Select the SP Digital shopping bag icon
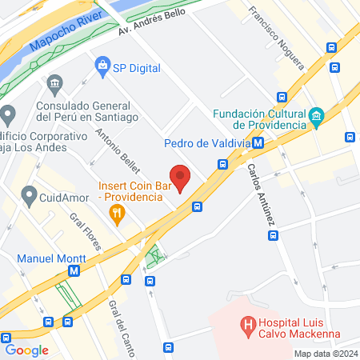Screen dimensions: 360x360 coord(102,63)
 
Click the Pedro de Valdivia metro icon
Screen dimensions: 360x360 coord(258,144)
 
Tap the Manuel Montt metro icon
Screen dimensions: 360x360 coord(74,271)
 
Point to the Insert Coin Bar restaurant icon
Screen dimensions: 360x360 coord(118,213)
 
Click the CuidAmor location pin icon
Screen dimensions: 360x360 coord(30,194)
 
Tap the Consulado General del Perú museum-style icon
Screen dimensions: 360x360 coord(54,83)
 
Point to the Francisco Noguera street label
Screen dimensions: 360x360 coord(276,37)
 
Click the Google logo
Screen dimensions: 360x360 coord(26,350)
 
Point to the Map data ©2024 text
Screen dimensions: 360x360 coord(325,354)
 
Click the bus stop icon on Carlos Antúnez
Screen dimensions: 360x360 coord(274,236)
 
